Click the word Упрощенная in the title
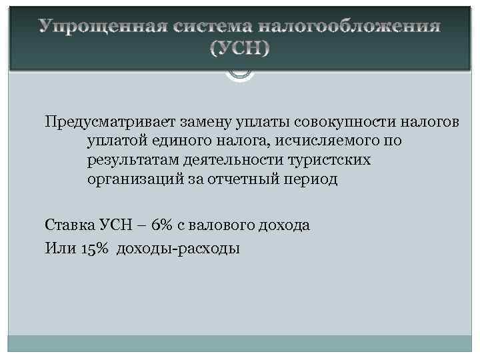pyautogui.click(x=103, y=27)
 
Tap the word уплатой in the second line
pyautogui.click(x=113, y=142)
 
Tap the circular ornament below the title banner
pyautogui.click(x=240, y=75)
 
